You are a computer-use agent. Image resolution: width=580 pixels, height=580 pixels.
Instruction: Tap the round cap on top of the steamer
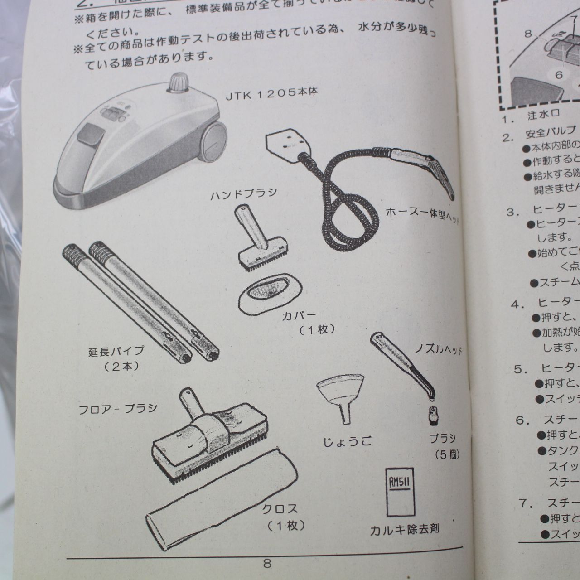click(x=178, y=82)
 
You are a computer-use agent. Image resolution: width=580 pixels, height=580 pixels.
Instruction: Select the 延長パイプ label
click(x=116, y=350)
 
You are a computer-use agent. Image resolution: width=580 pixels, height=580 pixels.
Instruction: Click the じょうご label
click(x=347, y=440)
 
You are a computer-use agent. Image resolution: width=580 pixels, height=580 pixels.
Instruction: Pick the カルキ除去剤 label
click(x=404, y=529)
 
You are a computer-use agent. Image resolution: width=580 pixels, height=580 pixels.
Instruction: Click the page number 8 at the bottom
click(x=267, y=563)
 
